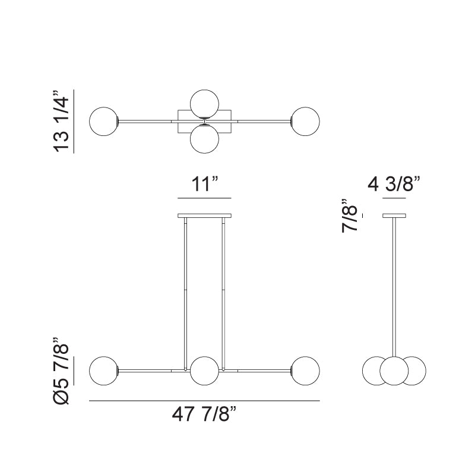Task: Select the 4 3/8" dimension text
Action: (394, 184)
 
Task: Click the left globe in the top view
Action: (103, 121)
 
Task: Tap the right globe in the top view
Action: (305, 121)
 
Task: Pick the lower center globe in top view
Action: (204, 140)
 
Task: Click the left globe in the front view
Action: (103, 370)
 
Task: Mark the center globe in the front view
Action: (204, 370)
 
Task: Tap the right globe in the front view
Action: (305, 370)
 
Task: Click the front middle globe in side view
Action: (394, 370)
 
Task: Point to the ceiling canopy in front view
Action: (204, 215)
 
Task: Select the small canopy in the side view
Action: (394, 215)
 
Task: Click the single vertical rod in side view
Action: (394, 285)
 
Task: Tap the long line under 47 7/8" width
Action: (204, 401)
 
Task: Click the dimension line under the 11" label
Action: (204, 197)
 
